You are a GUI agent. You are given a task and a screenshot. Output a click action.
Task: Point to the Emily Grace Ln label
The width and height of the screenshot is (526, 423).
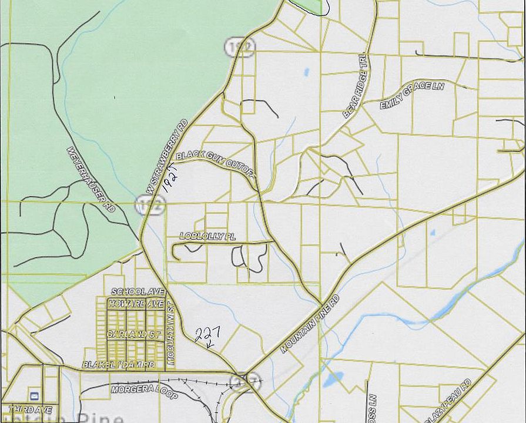411,95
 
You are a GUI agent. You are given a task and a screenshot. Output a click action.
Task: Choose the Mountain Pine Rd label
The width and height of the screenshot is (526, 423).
310,324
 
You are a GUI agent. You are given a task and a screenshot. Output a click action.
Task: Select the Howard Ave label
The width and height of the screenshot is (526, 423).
136,304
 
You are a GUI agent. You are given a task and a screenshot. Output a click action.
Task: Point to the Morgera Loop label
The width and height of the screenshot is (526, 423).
143,392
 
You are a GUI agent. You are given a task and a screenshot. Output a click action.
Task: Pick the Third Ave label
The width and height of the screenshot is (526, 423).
30,409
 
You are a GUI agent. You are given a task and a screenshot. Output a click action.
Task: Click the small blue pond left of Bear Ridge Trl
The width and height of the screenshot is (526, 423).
306,73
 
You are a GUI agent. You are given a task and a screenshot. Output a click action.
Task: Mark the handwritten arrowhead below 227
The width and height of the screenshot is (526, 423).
210,346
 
